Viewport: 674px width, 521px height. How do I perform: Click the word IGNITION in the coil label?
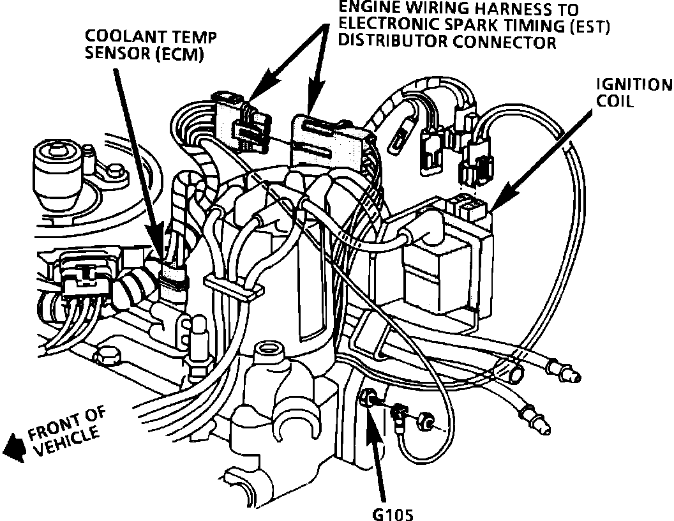tap(634, 86)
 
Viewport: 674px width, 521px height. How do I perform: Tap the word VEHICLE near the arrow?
tap(67, 442)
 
